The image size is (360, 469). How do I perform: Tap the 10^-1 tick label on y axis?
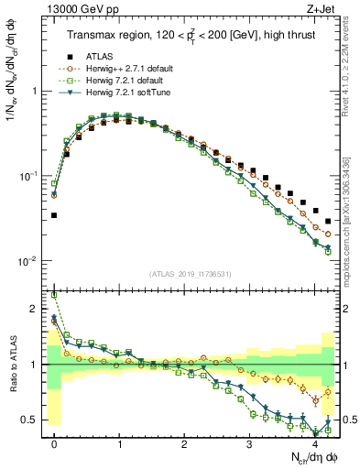click(x=33, y=176)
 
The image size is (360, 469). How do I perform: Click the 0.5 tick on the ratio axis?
click(x=34, y=420)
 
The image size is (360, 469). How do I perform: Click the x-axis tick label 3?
click(x=249, y=443)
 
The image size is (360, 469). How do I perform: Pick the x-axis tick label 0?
click(x=54, y=443)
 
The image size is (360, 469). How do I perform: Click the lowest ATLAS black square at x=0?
click(x=54, y=215)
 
